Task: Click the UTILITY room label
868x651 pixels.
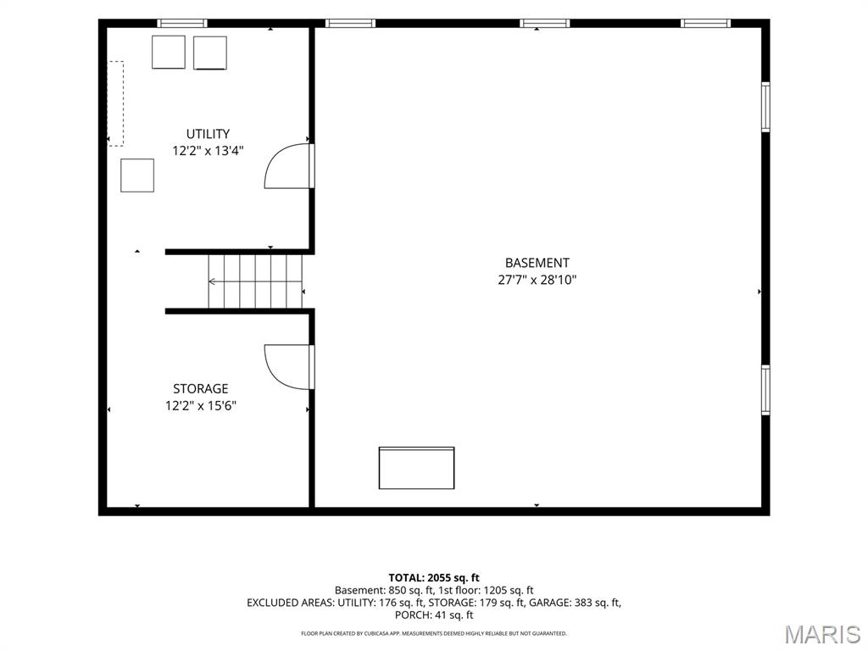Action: point(208,134)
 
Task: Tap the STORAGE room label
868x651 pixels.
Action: point(200,388)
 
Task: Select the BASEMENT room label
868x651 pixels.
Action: point(537,263)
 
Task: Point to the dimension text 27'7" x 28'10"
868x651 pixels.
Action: point(537,280)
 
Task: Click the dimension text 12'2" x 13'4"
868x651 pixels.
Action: point(208,151)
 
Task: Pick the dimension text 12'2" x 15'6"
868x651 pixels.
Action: point(200,406)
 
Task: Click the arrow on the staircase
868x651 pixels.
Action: point(255,281)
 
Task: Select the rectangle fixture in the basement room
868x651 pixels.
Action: point(416,468)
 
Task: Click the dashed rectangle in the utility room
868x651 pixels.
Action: point(115,103)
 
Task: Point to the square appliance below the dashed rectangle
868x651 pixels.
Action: point(137,175)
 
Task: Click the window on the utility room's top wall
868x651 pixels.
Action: point(182,23)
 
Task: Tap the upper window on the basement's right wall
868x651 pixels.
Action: point(765,107)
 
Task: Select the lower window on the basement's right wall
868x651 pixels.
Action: point(765,390)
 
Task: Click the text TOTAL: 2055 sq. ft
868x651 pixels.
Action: point(434,578)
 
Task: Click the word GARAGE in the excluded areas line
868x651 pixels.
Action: point(549,603)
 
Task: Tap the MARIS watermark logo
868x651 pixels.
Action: point(822,635)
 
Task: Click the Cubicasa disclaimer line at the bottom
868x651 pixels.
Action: point(434,633)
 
